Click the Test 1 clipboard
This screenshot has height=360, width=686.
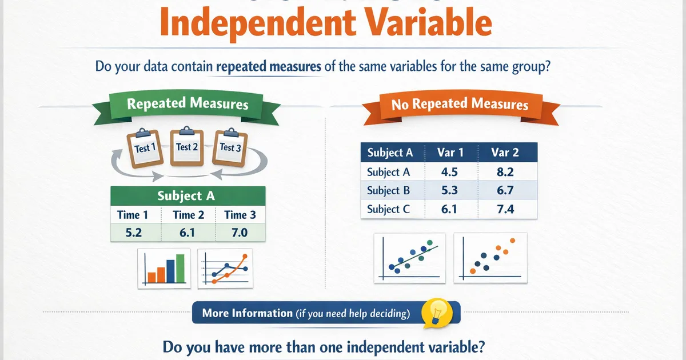pos(142,149)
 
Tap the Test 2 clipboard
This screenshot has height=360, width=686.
pos(187,147)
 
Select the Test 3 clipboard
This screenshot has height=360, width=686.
pos(230,147)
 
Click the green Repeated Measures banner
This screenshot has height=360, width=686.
pos(188,104)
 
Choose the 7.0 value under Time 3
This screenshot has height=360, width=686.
pos(240,233)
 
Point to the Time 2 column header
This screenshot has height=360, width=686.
pos(188,215)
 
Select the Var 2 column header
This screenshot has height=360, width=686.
pos(505,153)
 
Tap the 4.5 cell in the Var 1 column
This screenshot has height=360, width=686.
pos(450,172)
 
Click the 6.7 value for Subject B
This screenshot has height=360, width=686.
pos(505,190)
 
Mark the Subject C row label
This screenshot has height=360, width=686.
pos(389,209)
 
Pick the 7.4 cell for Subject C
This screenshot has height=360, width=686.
pos(505,209)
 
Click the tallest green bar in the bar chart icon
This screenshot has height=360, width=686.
pos(180,269)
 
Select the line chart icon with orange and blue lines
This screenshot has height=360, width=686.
pos(225,268)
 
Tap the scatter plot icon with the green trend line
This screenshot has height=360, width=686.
pos(409,258)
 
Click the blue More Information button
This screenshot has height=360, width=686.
pos(306,313)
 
